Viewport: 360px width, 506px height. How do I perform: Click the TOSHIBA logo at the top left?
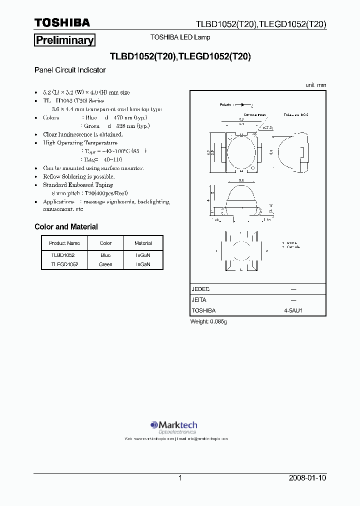click(62, 23)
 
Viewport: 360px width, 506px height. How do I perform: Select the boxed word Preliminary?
click(64, 40)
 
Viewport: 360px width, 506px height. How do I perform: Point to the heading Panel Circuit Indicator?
click(70, 70)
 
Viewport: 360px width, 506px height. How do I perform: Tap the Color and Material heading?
click(66, 227)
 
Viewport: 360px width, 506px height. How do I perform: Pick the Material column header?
click(143, 243)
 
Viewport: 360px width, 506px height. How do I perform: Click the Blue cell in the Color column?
click(105, 255)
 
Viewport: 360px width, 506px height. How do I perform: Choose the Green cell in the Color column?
click(105, 264)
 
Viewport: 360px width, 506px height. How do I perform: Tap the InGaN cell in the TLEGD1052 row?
click(143, 264)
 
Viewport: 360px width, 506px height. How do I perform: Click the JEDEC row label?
click(201, 289)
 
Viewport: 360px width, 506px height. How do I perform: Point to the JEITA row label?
click(199, 300)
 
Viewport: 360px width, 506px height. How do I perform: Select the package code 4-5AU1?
click(293, 310)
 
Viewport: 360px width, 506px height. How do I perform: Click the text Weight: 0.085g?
click(208, 321)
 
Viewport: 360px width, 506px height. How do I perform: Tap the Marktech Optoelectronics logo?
click(173, 426)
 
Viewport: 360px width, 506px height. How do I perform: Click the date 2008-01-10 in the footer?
click(307, 478)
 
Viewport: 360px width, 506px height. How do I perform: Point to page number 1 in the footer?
click(180, 478)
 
